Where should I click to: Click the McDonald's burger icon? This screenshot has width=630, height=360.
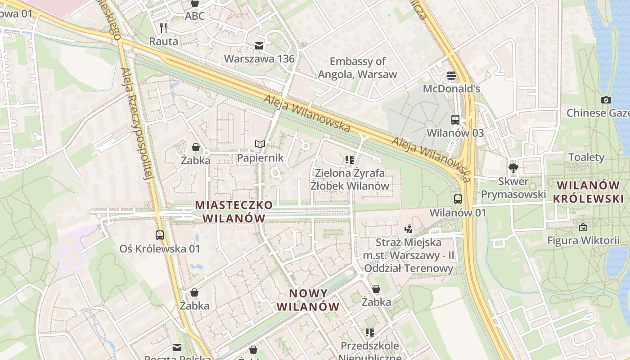451,75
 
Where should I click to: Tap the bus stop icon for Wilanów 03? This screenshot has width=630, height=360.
455,120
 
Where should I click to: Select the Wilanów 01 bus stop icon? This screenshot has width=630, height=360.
458,199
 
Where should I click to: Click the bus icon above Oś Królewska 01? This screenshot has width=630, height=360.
159,235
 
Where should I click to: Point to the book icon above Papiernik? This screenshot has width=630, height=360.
260,144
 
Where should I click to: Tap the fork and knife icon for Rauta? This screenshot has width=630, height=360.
163,28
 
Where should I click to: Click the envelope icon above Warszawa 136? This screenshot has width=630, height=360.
259,45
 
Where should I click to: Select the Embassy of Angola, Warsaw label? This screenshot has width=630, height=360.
358,67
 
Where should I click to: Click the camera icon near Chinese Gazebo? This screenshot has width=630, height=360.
606,100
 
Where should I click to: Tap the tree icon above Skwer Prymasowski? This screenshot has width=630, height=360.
513,168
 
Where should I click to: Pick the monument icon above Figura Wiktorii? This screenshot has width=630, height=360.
583,227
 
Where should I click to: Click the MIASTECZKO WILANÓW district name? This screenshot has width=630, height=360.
234,211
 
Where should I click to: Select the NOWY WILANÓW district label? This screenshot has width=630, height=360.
308,300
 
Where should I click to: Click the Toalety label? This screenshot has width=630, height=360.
586,157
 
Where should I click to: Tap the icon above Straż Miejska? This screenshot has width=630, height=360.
409,229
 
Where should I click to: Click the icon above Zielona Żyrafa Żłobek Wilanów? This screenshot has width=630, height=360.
350,159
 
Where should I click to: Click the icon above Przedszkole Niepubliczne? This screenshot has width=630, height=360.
370,333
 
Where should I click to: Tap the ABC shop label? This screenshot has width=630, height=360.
195,16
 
